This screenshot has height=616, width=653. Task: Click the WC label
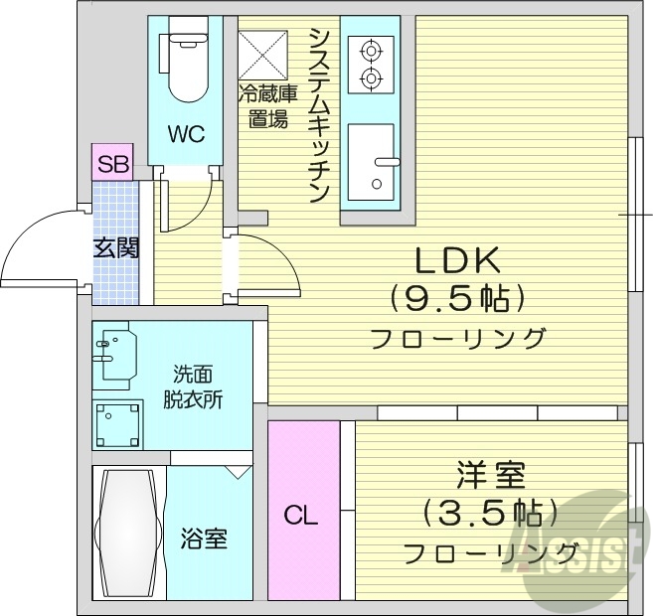[185, 133]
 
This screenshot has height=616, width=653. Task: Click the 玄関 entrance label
[116, 248]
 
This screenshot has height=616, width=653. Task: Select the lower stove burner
[370, 77]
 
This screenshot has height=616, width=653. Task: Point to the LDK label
[456, 260]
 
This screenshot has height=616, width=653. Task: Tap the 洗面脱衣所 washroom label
[193, 387]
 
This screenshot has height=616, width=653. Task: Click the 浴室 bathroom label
[204, 539]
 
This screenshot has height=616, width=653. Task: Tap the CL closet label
[301, 516]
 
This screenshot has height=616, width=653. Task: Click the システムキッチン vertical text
[319, 114]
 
